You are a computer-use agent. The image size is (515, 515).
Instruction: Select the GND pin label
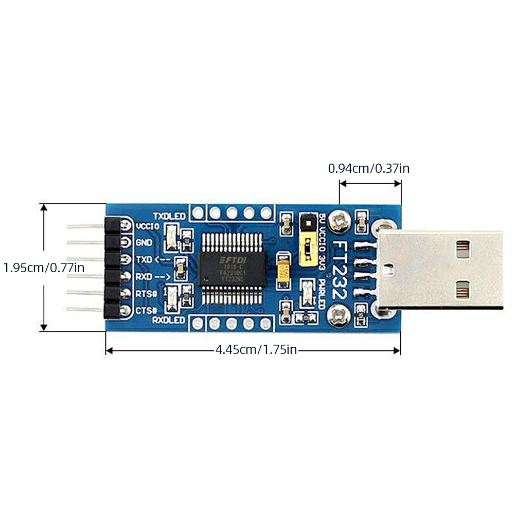(144, 242)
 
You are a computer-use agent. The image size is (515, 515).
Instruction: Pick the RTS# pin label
(146, 293)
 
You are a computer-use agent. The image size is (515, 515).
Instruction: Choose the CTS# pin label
(146, 310)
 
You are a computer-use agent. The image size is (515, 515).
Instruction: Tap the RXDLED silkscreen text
(169, 321)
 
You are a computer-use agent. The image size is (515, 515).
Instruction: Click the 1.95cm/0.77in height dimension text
(44, 268)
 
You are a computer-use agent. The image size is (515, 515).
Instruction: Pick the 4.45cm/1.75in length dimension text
(256, 350)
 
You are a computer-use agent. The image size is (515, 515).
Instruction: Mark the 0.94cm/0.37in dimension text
(369, 168)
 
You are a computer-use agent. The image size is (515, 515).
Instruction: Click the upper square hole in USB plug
(463, 248)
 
